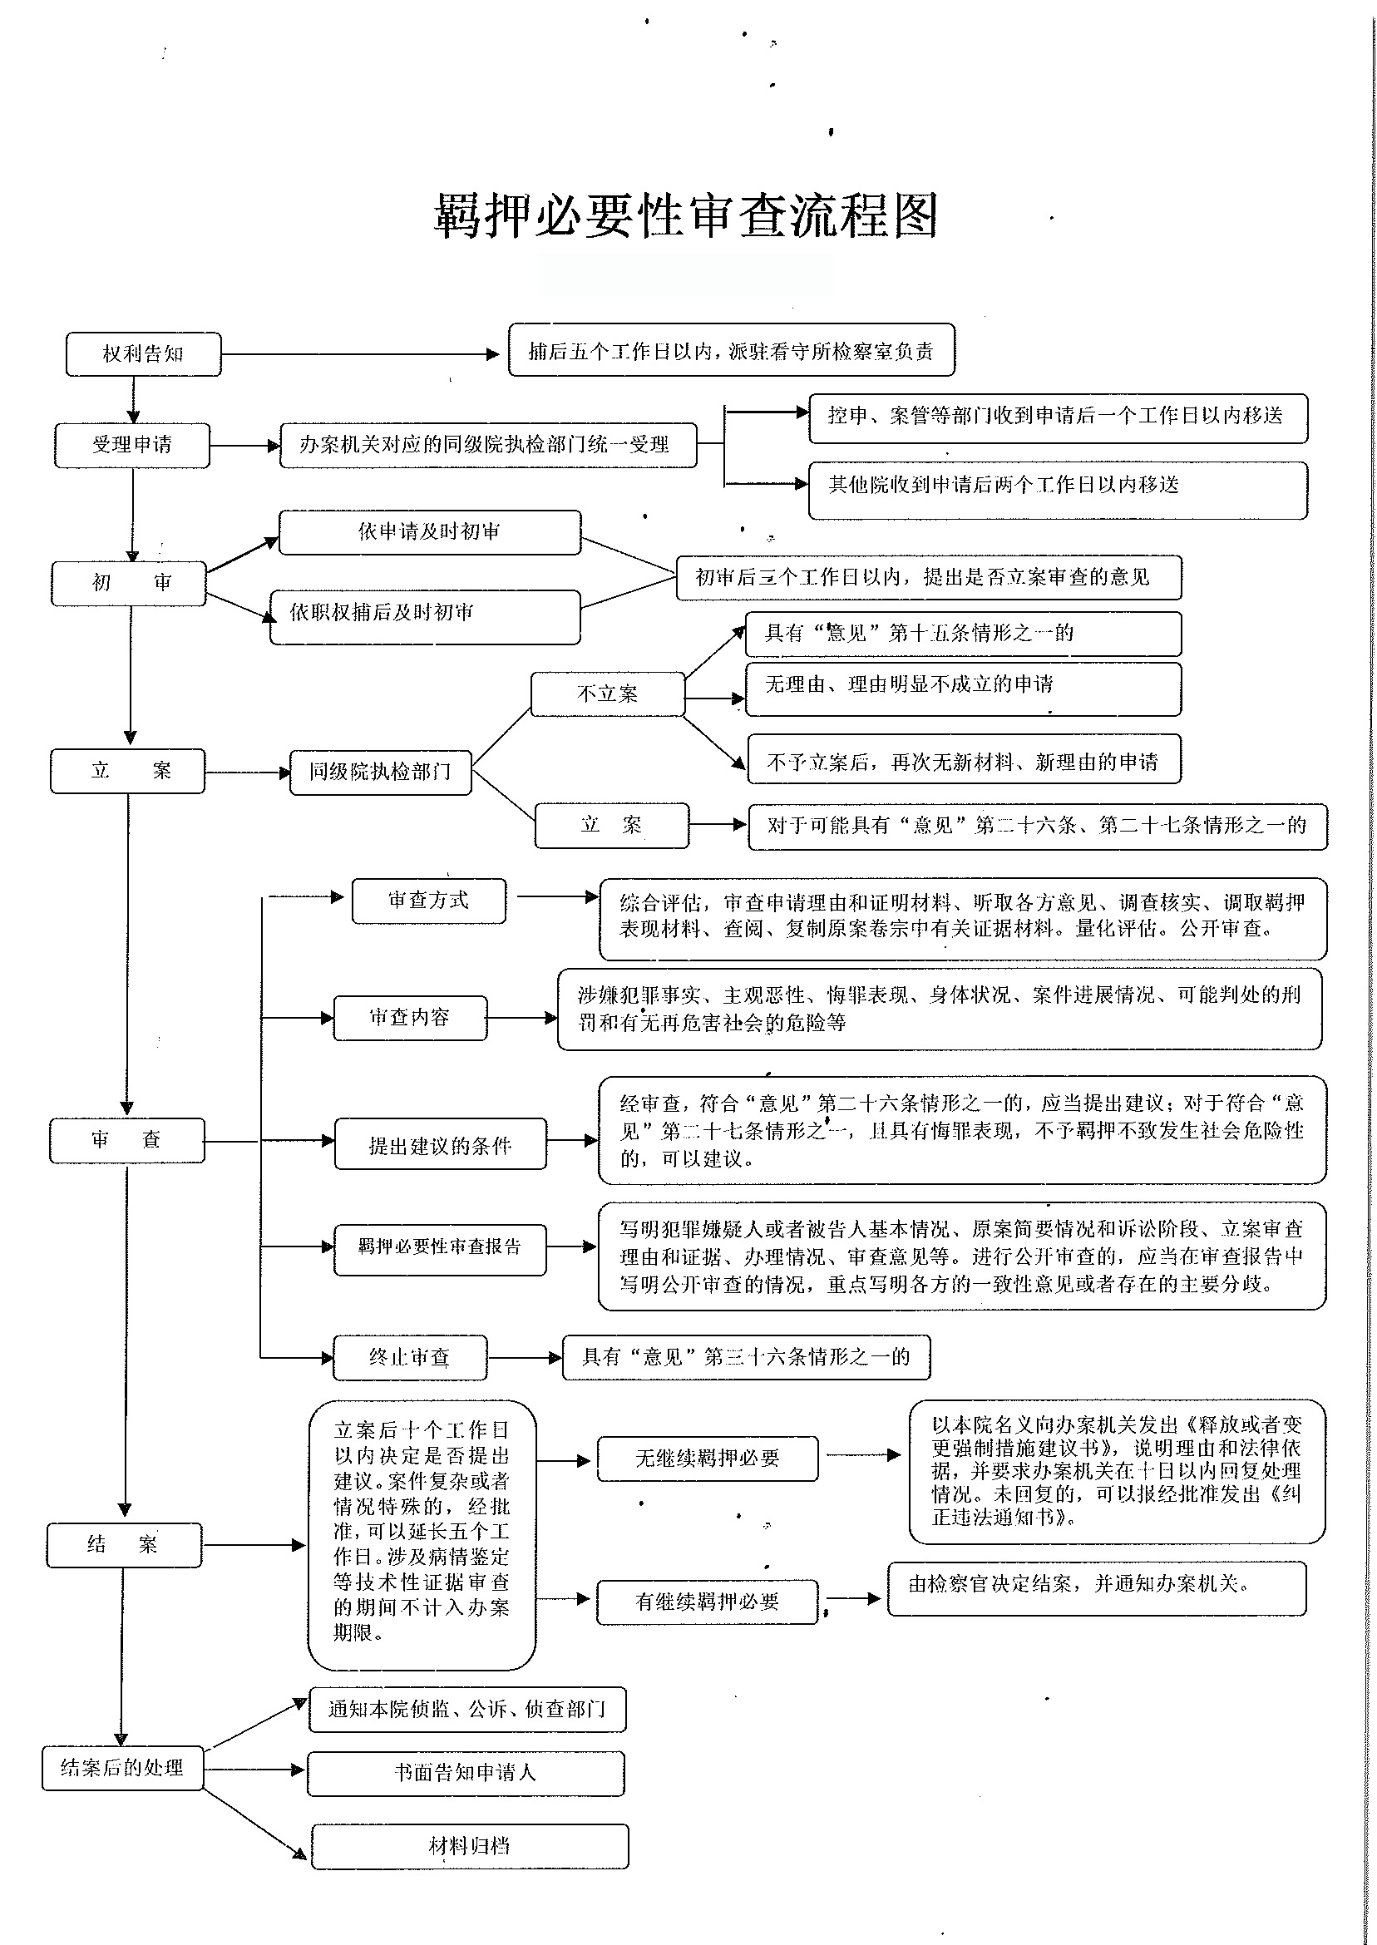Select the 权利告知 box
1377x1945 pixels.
point(143,353)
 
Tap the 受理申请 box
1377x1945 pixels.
point(132,444)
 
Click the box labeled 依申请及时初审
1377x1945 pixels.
point(430,532)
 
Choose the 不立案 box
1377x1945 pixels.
point(607,694)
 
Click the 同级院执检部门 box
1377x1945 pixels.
point(381,772)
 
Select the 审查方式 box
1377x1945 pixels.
point(429,901)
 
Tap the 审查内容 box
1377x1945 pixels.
point(411,1018)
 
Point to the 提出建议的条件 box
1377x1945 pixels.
point(440,1143)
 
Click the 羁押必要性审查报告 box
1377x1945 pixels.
point(440,1249)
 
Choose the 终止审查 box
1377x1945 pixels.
point(411,1357)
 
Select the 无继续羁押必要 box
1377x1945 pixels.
point(708,1459)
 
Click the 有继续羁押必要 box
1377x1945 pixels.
point(708,1602)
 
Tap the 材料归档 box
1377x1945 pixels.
point(470,1846)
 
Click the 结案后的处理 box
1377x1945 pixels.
point(123,1768)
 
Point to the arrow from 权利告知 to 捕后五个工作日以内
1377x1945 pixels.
point(360,353)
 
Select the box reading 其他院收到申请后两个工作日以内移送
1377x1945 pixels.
point(1059,490)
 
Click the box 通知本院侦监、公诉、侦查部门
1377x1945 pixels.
point(468,1709)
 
